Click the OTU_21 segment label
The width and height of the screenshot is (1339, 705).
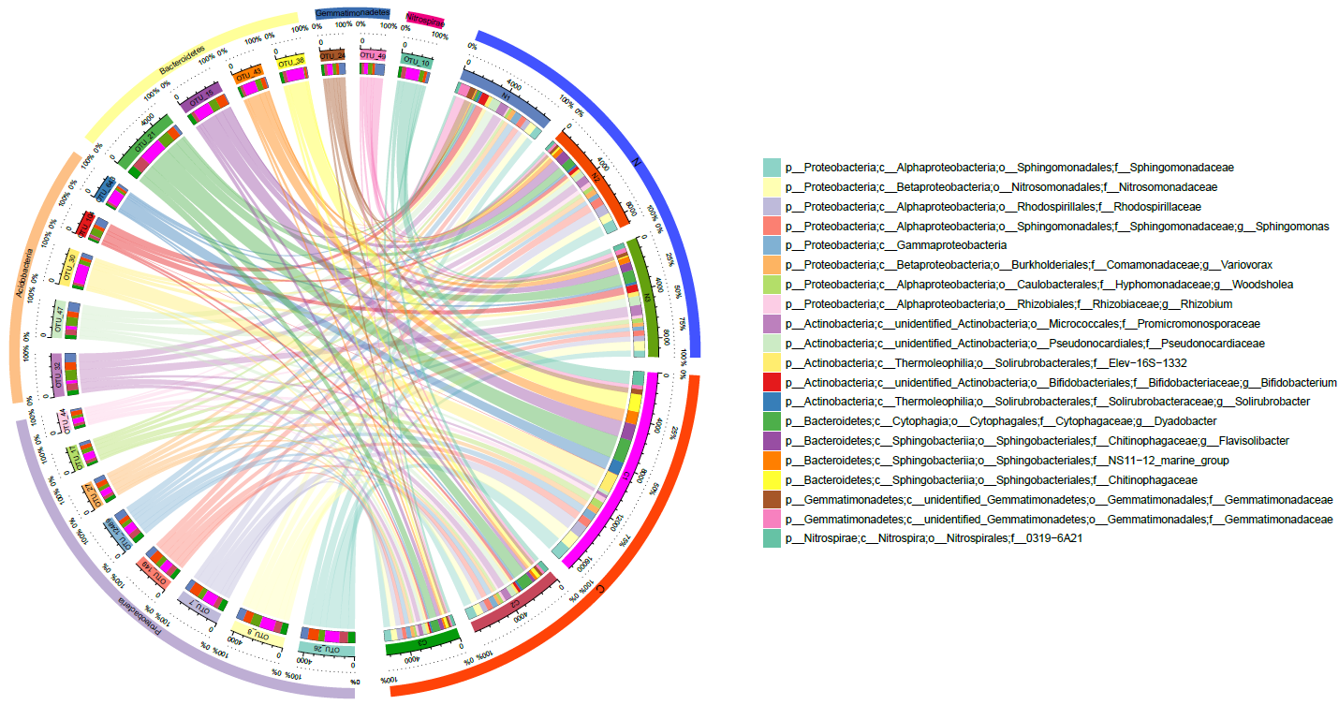tap(143, 141)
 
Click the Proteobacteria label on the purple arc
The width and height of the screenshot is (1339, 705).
tap(140, 618)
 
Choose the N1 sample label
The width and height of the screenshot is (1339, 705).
tap(506, 96)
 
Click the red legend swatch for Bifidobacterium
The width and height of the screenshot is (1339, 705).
tap(772, 382)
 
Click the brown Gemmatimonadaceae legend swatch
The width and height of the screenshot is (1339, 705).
tap(772, 499)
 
